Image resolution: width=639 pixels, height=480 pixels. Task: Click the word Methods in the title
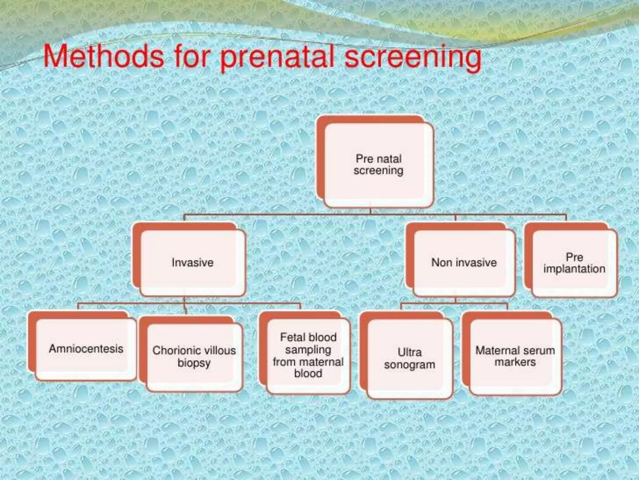(103, 57)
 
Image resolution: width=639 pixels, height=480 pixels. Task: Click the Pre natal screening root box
(378, 165)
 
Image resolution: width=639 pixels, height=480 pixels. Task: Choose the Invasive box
(193, 262)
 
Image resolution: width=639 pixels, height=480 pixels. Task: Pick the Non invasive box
(464, 262)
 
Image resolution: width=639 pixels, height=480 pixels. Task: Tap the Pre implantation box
(574, 263)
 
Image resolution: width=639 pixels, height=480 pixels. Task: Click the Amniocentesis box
(86, 349)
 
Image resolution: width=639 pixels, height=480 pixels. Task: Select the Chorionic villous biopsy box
(194, 357)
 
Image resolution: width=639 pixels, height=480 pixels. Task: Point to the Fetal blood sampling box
(308, 355)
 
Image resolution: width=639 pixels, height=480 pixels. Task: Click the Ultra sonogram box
(409, 358)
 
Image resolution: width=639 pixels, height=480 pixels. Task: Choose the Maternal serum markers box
(515, 356)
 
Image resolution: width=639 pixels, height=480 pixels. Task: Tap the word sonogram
(409, 365)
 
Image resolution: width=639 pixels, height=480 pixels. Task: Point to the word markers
(515, 362)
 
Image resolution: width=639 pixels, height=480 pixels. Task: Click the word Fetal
(293, 337)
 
